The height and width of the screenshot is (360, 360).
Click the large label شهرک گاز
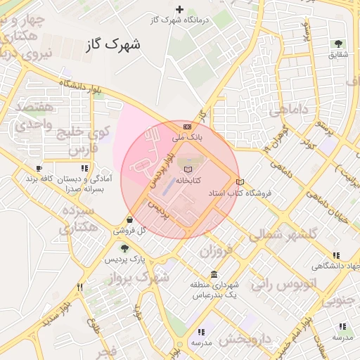(112, 44)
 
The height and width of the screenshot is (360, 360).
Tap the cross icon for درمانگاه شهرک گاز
(180, 9)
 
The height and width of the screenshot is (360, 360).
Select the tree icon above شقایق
(340, 44)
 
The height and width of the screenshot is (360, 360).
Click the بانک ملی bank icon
(186, 127)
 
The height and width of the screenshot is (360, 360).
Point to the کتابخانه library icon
(186, 169)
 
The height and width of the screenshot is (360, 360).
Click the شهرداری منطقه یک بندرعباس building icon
(214, 274)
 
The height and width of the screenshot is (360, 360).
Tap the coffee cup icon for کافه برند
(39, 169)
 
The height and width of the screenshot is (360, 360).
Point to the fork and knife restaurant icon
(80, 287)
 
